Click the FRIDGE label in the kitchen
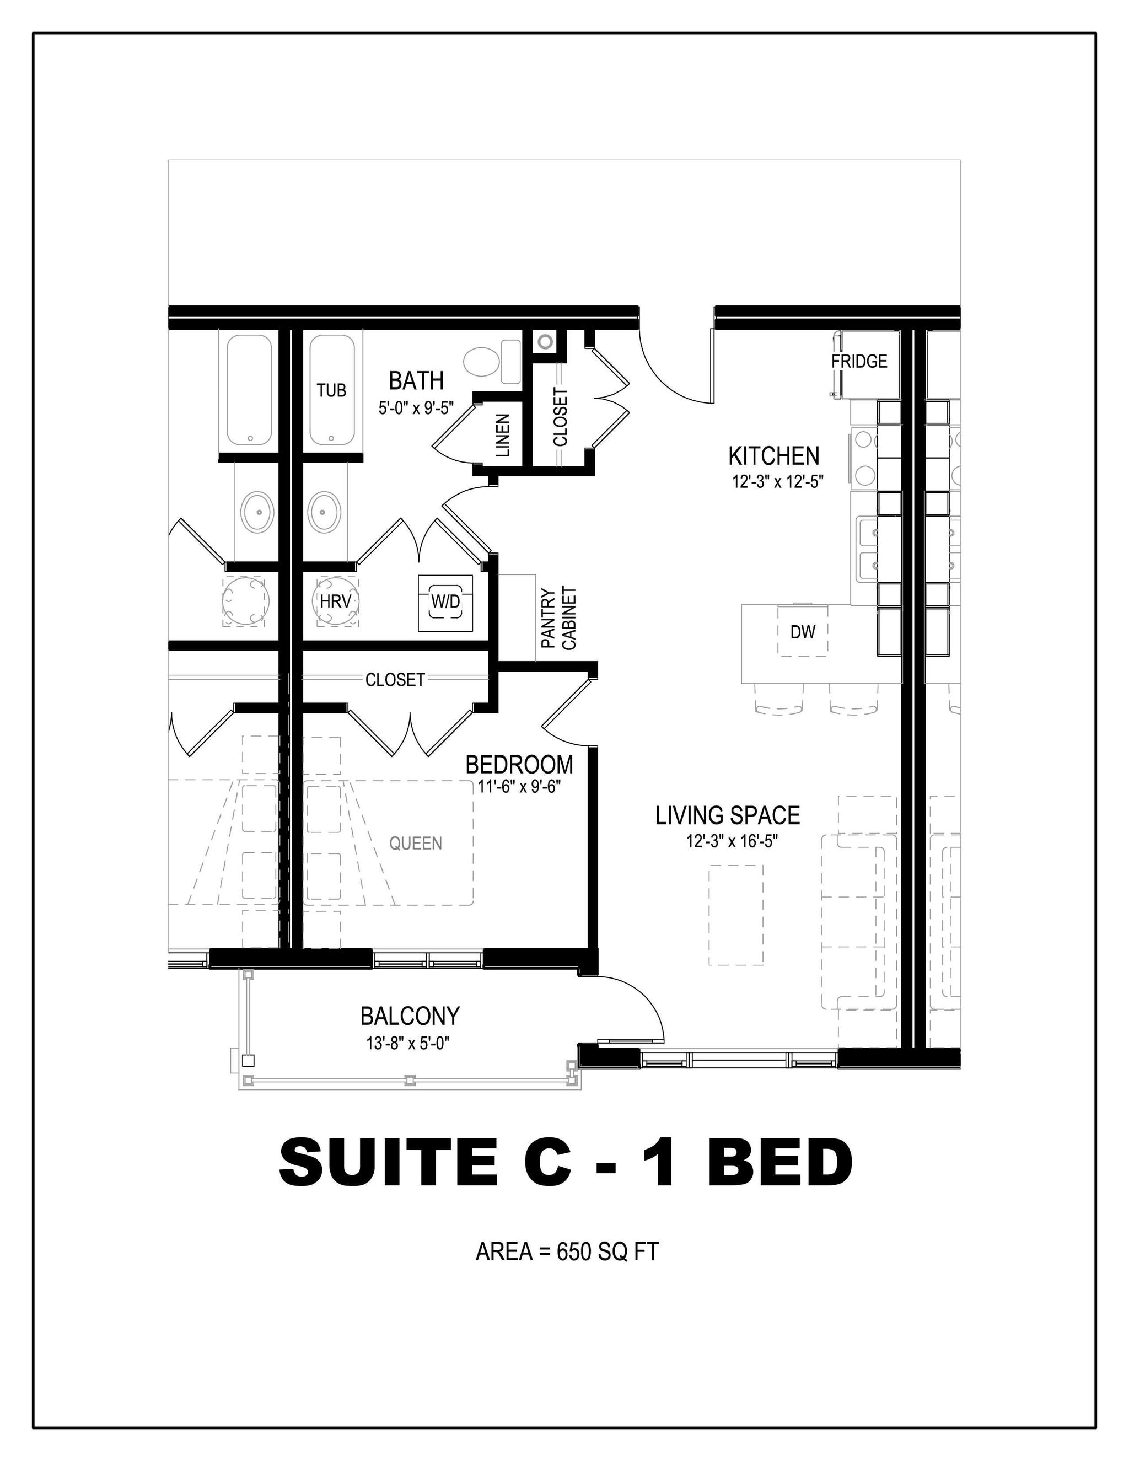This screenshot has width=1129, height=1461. [859, 361]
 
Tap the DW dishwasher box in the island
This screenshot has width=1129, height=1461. [802, 631]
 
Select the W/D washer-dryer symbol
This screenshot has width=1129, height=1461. [445, 602]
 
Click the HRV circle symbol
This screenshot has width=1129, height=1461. [335, 601]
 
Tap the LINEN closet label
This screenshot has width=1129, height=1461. [503, 435]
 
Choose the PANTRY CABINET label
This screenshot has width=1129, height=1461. [558, 618]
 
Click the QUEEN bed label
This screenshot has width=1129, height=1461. [415, 844]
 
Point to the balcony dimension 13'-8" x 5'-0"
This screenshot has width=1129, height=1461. [407, 1043]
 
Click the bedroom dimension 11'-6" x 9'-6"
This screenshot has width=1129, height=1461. [518, 787]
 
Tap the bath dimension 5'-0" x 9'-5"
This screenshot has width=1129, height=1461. [416, 407]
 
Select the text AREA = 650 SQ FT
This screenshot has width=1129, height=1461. [567, 1251]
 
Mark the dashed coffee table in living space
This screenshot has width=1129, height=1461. [736, 915]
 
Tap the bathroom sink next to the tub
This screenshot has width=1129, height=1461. [323, 512]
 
